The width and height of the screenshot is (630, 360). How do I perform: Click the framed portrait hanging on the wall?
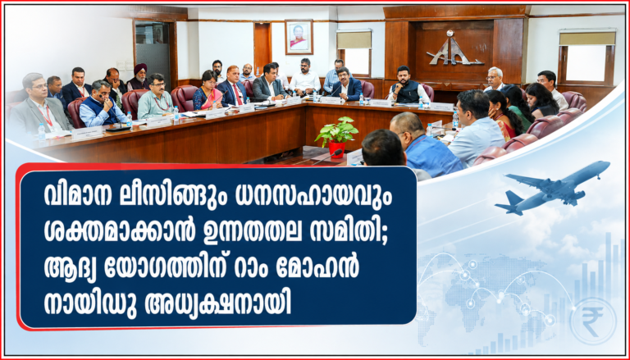click(299, 37)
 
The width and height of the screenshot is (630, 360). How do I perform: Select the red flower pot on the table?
click(336, 149)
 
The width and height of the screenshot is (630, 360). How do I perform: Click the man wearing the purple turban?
click(139, 78)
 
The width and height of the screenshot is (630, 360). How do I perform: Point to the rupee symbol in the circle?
click(592, 321)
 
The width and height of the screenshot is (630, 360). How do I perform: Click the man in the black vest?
click(407, 85)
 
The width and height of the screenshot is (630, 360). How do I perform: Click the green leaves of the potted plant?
click(336, 130)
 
